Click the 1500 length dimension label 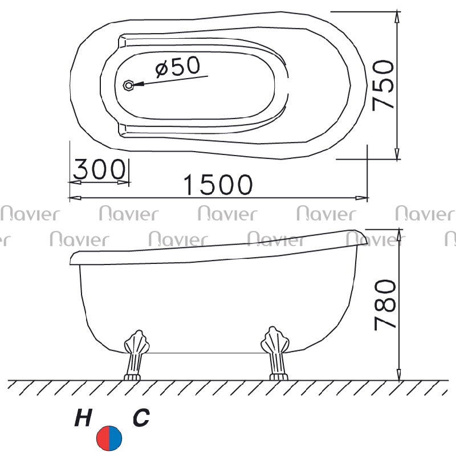(x=218, y=184)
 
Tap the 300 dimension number (x=99, y=169)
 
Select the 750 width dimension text (x=383, y=85)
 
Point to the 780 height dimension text (x=385, y=305)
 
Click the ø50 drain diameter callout (x=178, y=67)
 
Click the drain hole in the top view (x=128, y=85)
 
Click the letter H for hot (x=83, y=417)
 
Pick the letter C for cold (x=141, y=417)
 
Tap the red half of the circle (x=103, y=438)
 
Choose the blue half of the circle (x=116, y=438)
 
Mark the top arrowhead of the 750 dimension (x=397, y=18)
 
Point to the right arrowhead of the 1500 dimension (x=361, y=198)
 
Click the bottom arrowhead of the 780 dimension (x=399, y=374)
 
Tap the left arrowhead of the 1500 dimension (x=75, y=198)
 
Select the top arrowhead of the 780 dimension (x=399, y=235)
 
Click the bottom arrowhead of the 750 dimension (x=397, y=153)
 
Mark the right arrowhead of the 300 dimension (x=123, y=182)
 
